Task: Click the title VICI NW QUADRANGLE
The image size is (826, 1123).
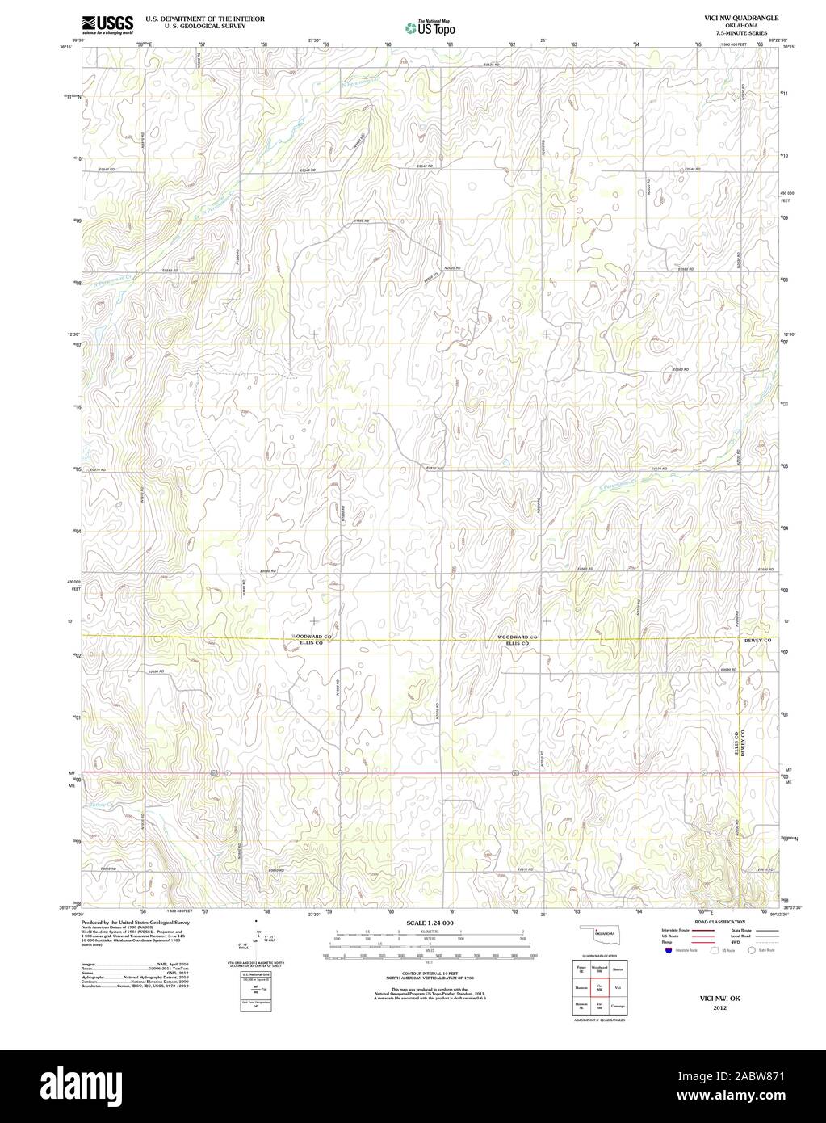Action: pos(741,16)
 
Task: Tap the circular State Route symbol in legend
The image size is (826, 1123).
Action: pos(750,951)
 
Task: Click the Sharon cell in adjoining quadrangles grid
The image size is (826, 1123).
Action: pos(618,968)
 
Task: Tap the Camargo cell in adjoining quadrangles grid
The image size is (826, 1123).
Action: pos(618,1005)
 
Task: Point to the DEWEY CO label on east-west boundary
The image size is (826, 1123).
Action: pos(757,641)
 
